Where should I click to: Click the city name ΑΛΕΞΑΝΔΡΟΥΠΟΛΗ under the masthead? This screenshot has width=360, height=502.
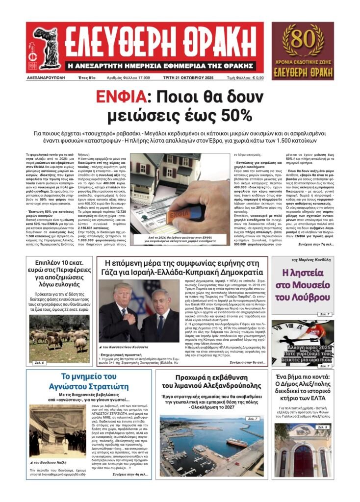coord(46,77)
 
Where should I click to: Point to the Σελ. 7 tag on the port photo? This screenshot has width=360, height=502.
coord(253,419)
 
